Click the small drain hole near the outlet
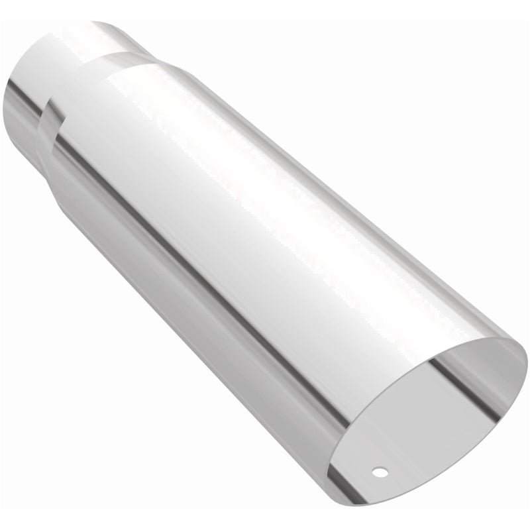379,472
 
